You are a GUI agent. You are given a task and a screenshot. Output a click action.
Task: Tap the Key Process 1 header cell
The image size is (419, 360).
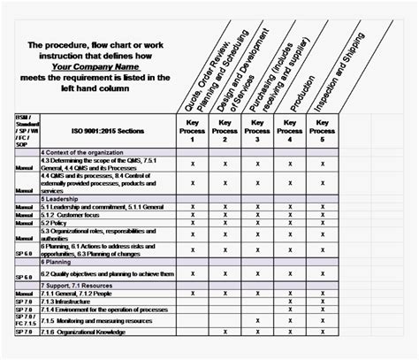192,130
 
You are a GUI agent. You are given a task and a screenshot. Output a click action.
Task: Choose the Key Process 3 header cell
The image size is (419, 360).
256,130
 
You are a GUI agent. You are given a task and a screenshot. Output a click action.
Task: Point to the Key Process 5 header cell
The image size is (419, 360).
324,130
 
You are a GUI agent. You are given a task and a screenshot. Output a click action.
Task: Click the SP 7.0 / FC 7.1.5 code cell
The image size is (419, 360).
25,320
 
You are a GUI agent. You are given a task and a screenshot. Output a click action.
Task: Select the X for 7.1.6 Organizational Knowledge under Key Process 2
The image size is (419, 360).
225,331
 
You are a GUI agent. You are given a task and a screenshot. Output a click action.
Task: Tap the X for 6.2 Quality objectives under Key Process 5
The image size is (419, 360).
324,274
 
